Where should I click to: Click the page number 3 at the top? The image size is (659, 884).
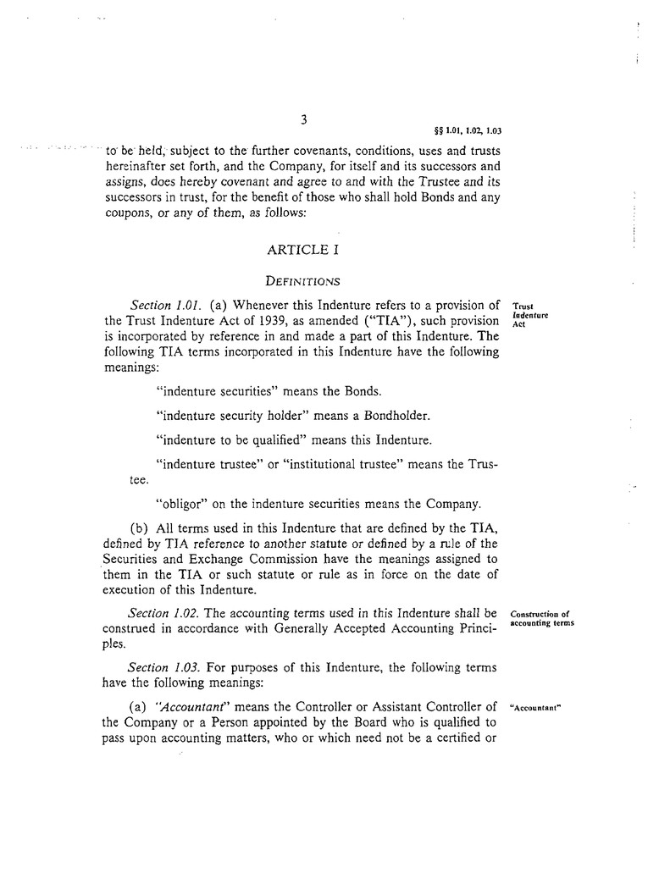pos(303,120)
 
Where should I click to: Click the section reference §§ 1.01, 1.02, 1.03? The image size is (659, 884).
pos(468,130)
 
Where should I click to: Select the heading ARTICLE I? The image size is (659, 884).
pos(302,250)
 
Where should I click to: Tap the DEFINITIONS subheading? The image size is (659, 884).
pos(302,279)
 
